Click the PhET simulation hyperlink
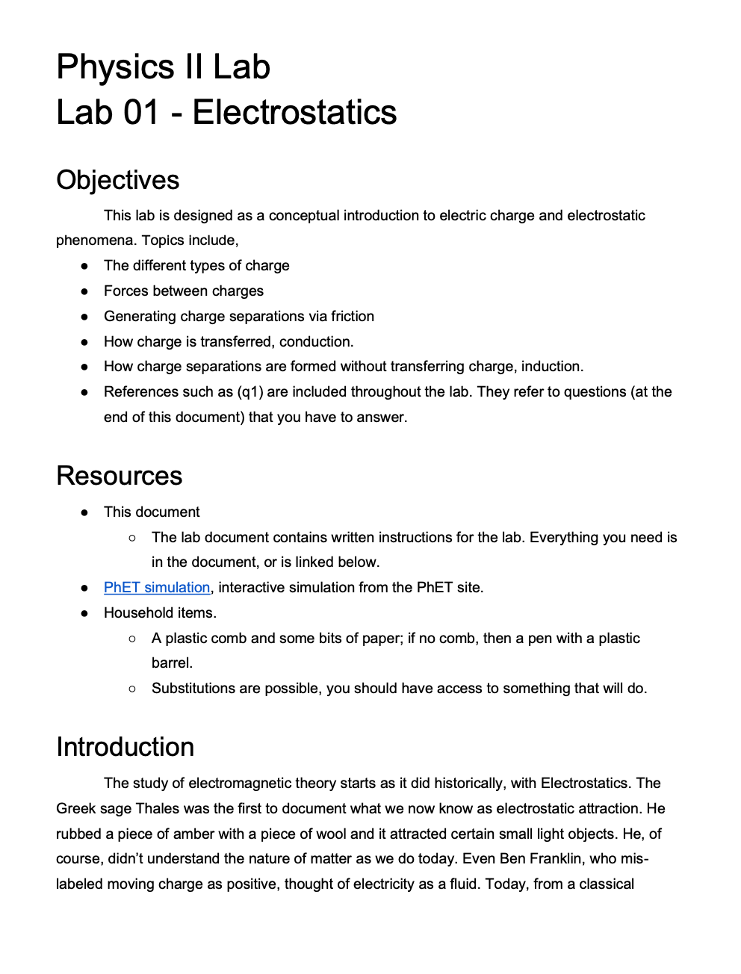tap(157, 587)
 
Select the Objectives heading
tap(118, 180)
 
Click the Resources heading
tap(120, 476)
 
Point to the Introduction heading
tap(125, 747)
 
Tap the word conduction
tap(318, 341)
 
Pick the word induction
tap(552, 366)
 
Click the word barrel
tap(172, 663)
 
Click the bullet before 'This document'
tap(85, 512)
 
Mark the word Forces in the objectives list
tap(127, 291)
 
